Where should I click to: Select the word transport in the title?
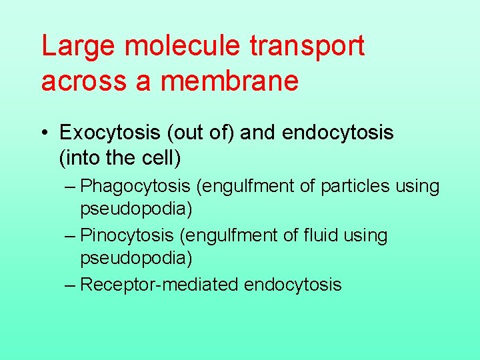pyautogui.click(x=308, y=47)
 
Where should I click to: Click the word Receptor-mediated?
pyautogui.click(x=159, y=285)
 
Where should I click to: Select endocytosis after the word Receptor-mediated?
pyautogui.click(x=293, y=285)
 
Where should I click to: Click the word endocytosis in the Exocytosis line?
pyautogui.click(x=338, y=133)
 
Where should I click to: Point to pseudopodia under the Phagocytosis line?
pyautogui.click(x=136, y=209)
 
